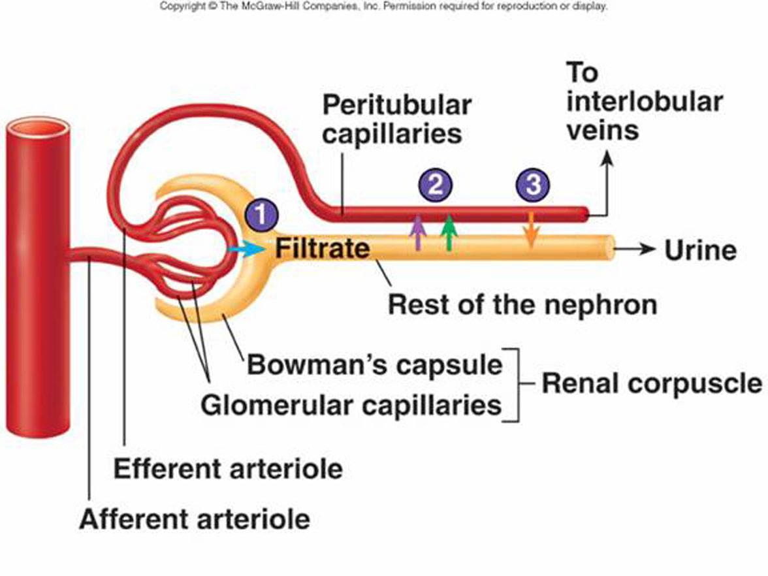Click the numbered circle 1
261,214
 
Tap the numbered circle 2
436,185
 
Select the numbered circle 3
533,185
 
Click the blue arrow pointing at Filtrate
246,249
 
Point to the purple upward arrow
417,232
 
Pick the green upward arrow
449,232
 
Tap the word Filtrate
323,248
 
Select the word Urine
700,250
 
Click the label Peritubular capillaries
396,119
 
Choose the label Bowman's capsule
375,365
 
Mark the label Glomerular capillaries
351,405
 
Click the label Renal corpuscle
652,383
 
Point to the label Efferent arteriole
229,469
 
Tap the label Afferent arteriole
195,519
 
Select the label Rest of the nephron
522,304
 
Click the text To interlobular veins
645,101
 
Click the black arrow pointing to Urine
635,249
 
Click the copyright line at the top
383,7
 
